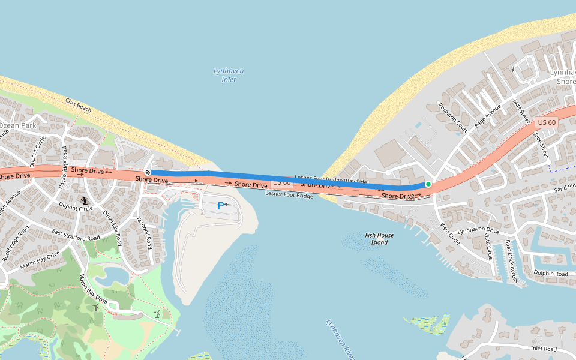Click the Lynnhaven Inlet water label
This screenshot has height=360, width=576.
pos(229,75)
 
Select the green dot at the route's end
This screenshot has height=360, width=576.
pos(428,184)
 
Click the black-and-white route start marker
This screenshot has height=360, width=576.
pos(148,172)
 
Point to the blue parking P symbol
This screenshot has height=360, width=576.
pos(220,205)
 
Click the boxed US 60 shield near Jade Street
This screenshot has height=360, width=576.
pos(547,122)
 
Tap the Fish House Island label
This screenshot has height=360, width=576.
pos(379,239)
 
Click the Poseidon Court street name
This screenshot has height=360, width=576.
pos(452,116)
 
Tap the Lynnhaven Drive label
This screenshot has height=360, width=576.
pos(478,230)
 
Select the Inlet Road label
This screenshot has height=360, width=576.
pos(544,349)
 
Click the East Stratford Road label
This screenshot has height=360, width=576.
pos(76,235)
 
